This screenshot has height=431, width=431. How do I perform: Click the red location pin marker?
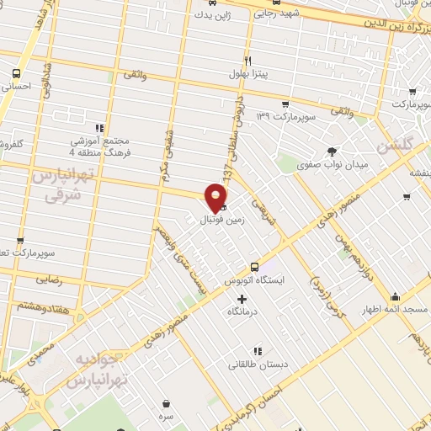216,197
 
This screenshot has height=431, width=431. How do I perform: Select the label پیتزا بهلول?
248,74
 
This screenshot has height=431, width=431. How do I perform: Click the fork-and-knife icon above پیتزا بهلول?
247,61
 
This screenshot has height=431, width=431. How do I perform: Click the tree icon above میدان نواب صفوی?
333,152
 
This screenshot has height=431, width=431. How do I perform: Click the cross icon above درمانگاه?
242,299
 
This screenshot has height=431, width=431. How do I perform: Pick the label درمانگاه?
242,312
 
